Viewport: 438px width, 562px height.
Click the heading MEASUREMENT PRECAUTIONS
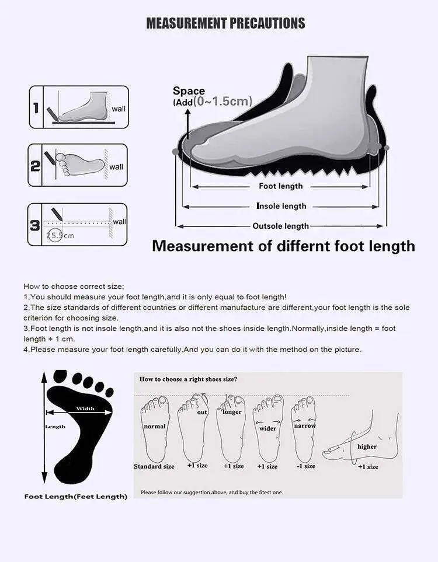(x=225, y=23)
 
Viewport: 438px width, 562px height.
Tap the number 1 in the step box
(x=36, y=107)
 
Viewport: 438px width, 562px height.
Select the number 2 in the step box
(x=35, y=166)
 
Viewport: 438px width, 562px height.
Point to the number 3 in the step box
(x=35, y=225)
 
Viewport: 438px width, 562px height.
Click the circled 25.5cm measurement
(x=60, y=236)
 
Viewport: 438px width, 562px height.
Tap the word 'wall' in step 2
(x=116, y=167)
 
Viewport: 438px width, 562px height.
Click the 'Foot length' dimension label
(x=280, y=186)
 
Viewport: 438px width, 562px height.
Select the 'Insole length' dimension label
(x=281, y=206)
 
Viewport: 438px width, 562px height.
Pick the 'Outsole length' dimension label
(x=280, y=226)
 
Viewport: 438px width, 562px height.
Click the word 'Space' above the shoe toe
(x=189, y=90)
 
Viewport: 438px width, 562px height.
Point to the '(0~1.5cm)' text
(x=223, y=101)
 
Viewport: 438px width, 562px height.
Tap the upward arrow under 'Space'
(x=187, y=124)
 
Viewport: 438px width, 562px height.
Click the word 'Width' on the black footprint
(x=85, y=409)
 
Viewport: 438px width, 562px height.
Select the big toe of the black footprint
(x=60, y=376)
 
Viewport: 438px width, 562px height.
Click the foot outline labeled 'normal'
(x=155, y=429)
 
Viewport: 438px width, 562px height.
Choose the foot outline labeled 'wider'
(x=268, y=429)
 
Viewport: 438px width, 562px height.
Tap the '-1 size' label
(x=305, y=466)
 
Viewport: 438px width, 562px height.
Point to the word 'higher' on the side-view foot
(x=367, y=446)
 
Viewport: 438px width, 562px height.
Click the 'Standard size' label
(x=154, y=466)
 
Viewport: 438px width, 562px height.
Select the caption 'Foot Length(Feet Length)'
(x=76, y=497)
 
